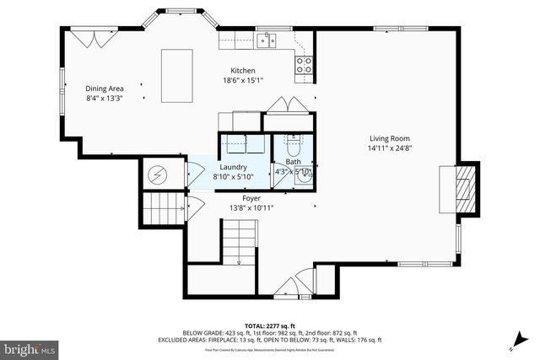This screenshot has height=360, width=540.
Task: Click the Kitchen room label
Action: point(243,70)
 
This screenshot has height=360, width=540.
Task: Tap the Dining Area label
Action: point(105,89)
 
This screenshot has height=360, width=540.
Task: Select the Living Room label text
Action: point(389,138)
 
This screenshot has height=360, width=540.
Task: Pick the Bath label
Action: point(293,162)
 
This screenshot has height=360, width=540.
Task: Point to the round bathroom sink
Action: point(305,175)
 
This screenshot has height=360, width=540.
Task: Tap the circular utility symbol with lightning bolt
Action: point(158,175)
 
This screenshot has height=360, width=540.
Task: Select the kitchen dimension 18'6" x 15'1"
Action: point(243,81)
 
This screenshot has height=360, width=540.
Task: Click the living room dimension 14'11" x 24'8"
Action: point(389,148)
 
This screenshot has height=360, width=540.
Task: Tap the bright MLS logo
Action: point(30,347)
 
